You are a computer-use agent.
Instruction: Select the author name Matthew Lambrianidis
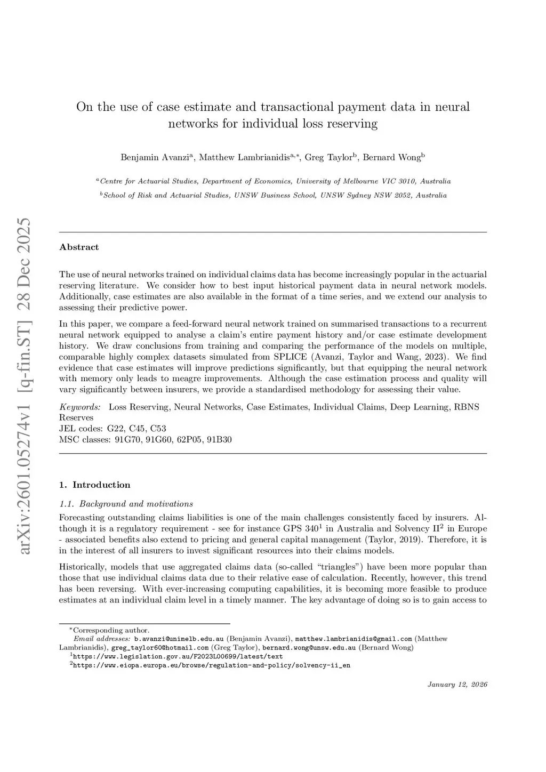point(245,157)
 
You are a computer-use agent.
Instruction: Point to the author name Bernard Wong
point(392,157)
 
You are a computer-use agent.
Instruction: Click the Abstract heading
point(79,247)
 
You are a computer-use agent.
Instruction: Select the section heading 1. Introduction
point(95,485)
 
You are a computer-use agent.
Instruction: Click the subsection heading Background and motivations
point(136,504)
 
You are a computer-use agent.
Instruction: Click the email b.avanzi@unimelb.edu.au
point(179,639)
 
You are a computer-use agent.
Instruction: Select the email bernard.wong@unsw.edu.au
point(309,648)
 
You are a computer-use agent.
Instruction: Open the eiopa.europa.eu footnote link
point(211,665)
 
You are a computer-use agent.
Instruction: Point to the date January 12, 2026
point(457,685)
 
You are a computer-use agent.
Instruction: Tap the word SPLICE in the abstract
point(290,357)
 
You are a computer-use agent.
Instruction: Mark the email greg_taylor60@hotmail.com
point(160,648)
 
